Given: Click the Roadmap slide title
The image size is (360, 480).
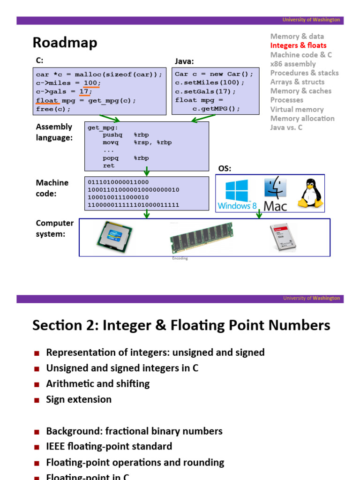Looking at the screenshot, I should click(x=65, y=43).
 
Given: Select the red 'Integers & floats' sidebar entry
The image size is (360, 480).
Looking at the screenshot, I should click(x=298, y=45).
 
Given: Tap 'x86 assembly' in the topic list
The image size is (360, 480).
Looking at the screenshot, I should click(x=293, y=64).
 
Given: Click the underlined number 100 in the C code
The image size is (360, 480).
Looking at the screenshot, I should click(x=91, y=83).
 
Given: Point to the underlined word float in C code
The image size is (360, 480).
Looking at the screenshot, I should click(x=47, y=100).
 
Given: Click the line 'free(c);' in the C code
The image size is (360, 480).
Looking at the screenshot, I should click(x=53, y=109).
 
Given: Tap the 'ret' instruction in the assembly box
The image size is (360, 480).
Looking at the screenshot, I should click(x=109, y=165).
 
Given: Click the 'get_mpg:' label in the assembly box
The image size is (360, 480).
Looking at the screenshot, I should click(x=103, y=127).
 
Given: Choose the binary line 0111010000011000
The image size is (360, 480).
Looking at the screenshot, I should click(x=118, y=182).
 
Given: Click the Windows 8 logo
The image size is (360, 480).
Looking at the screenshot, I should click(x=237, y=195).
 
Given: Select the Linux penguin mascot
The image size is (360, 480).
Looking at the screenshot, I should click(x=310, y=193).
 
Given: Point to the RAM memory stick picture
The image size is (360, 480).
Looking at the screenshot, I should click(x=201, y=237).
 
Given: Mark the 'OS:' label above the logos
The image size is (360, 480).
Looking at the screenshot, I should click(x=225, y=169).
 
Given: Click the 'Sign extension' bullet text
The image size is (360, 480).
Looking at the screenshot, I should click(x=79, y=399).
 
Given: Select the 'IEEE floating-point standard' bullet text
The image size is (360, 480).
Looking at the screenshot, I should click(x=109, y=446).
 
